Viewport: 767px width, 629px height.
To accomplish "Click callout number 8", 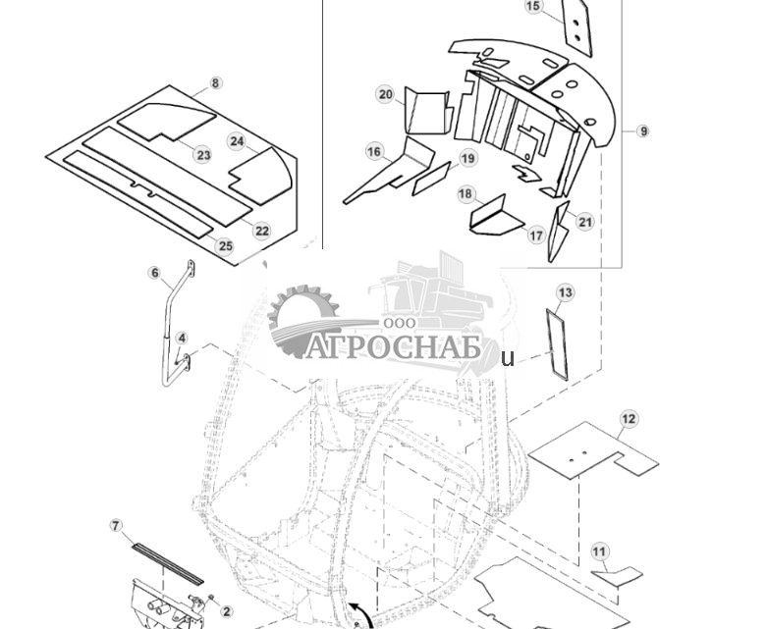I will pos(216,84).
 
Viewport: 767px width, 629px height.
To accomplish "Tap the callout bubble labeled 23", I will pos(203,155).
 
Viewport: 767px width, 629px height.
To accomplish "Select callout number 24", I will pos(237,141).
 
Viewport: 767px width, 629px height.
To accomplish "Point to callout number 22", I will pos(261,231).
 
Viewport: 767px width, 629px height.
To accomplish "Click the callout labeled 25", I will pos(225,245).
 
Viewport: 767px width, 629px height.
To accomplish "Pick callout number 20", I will pos(385,94).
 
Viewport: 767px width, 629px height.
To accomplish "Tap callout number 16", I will pos(374,151).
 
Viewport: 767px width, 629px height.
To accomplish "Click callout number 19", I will pos(467,158).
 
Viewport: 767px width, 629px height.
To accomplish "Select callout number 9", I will pos(643,131).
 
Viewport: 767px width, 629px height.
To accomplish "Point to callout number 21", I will pos(585,222).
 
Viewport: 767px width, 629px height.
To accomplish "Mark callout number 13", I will pos(565,292).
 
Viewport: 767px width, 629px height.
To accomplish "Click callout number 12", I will pos(629,419).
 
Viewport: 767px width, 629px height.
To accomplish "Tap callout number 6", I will pos(154,273).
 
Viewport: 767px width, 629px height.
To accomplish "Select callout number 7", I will pos(116,526).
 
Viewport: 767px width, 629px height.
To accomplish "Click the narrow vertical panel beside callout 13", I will pos(558,342).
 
